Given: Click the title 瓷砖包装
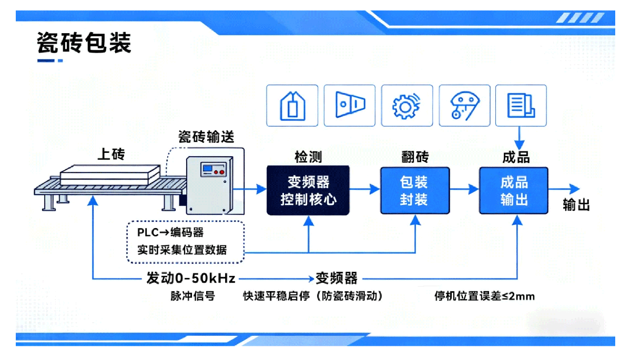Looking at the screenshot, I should pos(84,43).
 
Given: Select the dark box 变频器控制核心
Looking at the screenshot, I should pos(308,190).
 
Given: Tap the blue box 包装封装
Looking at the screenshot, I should pos(415,190).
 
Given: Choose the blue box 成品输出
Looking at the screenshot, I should pos(514,190).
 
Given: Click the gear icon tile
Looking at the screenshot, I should pos(406,106).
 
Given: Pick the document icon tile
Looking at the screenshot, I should pos(521,106).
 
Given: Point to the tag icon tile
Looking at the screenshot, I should pos(292,106).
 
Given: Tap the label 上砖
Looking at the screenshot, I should pos(111,155).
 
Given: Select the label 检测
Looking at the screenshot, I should pos(308,157).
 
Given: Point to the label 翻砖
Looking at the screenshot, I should pos(415,157).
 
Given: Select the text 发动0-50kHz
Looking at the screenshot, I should pos(191,278).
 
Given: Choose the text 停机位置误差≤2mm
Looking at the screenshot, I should pos(484,296).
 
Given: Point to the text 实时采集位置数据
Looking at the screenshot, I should pos(182,250).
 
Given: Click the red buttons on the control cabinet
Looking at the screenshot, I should pos(220,171).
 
